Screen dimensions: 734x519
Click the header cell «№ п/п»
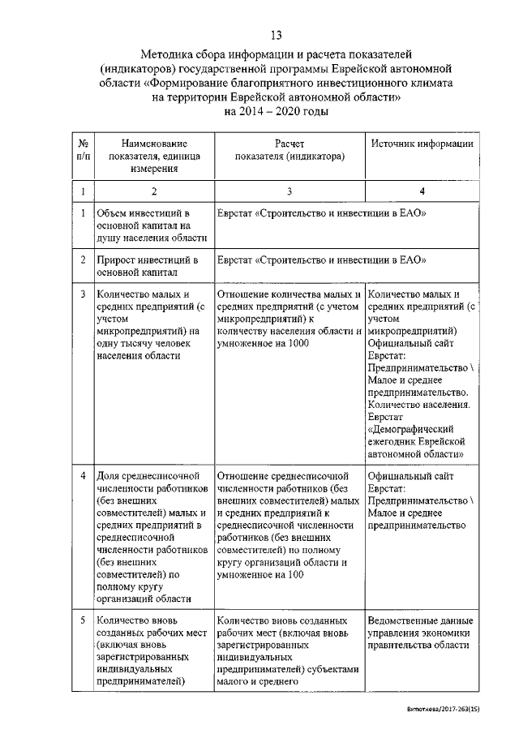pos(83,149)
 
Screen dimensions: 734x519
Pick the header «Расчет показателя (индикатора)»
pos(289,149)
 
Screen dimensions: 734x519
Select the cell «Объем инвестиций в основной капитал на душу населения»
pos(151,225)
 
